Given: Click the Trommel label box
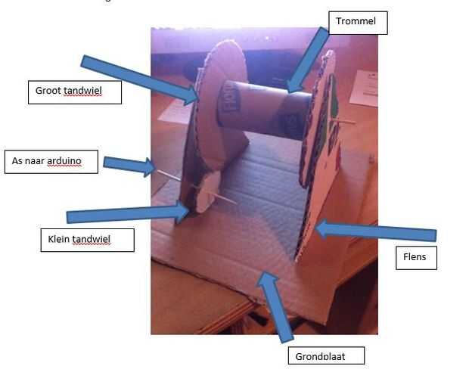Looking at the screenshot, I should click(357, 23).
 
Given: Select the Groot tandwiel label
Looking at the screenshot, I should click(74, 92).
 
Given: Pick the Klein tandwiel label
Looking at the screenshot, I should click(85, 240).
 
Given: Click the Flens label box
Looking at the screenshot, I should click(415, 257).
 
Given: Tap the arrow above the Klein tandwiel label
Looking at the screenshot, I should click(129, 215).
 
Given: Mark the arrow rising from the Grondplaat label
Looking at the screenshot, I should click(276, 306).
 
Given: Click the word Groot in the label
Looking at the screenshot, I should click(49, 92).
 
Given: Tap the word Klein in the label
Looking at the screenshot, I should click(57, 240).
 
